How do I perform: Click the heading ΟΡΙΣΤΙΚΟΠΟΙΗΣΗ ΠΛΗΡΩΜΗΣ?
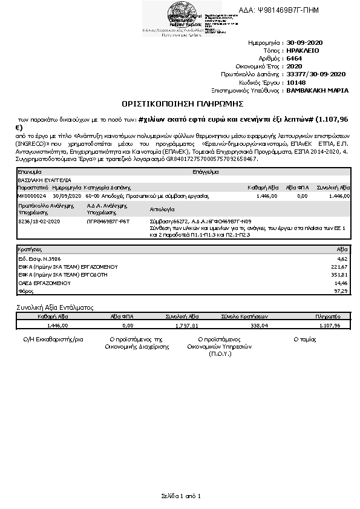click(179, 105)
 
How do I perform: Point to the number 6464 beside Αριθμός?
click(295, 59)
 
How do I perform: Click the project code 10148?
click(296, 82)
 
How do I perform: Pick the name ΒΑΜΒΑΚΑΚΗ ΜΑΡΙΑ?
click(317, 90)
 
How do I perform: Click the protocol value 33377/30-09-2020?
click(315, 74)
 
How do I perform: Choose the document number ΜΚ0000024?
click(30, 196)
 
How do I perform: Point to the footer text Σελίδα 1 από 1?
click(180, 496)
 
